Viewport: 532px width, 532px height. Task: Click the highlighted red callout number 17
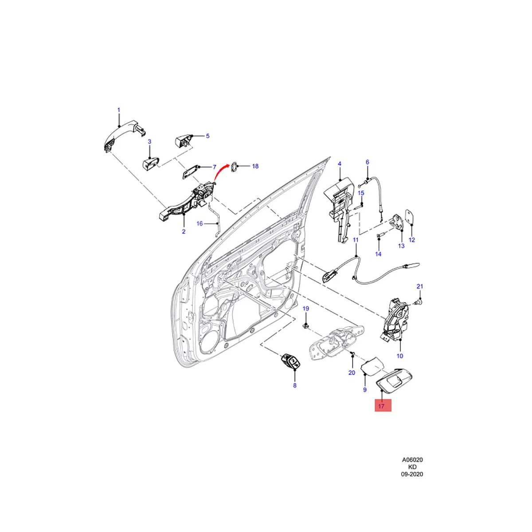point(383,405)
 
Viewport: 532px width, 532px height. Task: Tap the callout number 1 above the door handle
point(118,110)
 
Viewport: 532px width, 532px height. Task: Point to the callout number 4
point(340,164)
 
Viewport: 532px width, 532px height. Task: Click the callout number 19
point(305,308)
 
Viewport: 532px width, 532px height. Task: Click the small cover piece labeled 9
point(372,367)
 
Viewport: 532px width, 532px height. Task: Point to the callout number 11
point(355,240)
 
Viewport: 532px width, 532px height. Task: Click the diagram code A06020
point(412,460)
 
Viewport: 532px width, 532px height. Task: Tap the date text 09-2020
point(412,474)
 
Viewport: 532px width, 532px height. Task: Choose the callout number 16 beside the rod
point(199,223)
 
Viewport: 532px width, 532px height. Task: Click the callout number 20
point(352,372)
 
